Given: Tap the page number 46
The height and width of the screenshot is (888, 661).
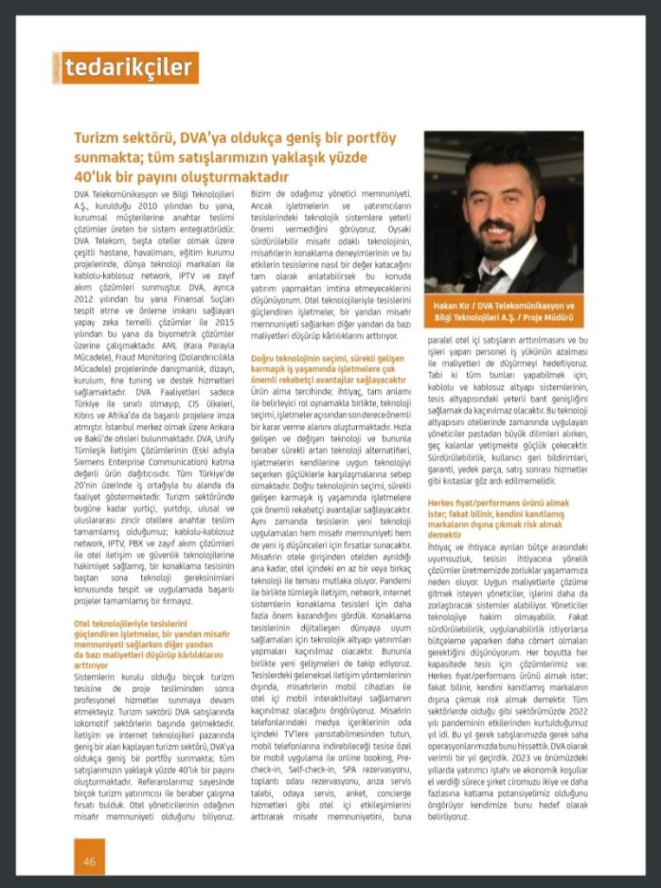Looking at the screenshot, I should coord(89,861).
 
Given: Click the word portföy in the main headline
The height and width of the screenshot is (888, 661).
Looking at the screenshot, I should coord(365,139).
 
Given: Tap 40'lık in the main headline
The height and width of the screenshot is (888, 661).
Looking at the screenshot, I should coord(94,177).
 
